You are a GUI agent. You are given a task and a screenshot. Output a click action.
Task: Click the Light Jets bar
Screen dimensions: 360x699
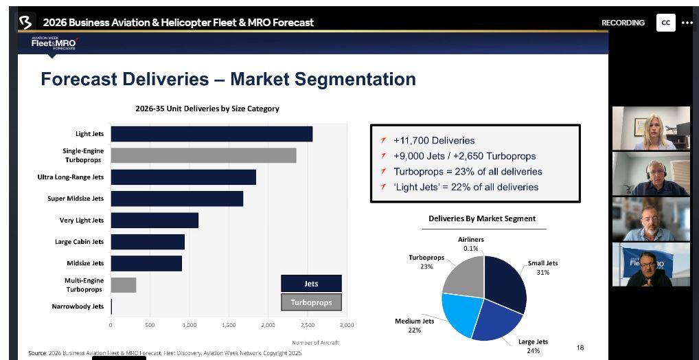pos(211,134)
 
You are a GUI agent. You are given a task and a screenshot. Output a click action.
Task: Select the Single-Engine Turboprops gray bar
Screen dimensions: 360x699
pos(203,155)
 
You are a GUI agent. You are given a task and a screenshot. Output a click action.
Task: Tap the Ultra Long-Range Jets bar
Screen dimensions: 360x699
pos(183,177)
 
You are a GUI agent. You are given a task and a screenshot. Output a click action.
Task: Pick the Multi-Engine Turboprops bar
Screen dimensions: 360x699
pos(124,285)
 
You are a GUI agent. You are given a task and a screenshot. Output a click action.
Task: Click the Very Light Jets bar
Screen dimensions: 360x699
pos(154,221)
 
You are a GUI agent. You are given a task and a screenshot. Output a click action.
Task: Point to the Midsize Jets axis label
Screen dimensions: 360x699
pos(85,263)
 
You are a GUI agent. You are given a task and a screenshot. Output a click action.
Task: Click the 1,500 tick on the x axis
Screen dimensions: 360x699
pos(229,325)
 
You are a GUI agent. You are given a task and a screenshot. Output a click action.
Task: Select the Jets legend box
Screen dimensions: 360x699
pos(311,283)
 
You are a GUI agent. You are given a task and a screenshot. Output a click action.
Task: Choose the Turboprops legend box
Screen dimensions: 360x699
pos(311,302)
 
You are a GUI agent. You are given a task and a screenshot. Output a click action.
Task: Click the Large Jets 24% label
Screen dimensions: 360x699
pos(533,346)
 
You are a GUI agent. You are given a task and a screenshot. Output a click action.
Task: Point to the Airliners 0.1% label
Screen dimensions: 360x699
pos(471,244)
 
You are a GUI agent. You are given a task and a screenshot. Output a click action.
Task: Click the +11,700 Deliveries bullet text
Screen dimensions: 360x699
pos(434,140)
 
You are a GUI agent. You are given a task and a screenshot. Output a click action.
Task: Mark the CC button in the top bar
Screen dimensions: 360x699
pos(665,23)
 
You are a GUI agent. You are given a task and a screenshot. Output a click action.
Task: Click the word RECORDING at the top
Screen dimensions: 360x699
pos(623,23)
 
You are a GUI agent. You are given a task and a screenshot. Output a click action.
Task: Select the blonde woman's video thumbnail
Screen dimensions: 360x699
pos(651,128)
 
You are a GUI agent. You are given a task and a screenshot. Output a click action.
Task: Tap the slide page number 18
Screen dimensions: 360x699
pos(580,348)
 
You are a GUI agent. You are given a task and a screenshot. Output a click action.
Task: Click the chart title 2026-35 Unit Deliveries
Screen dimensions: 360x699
pos(207,109)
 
